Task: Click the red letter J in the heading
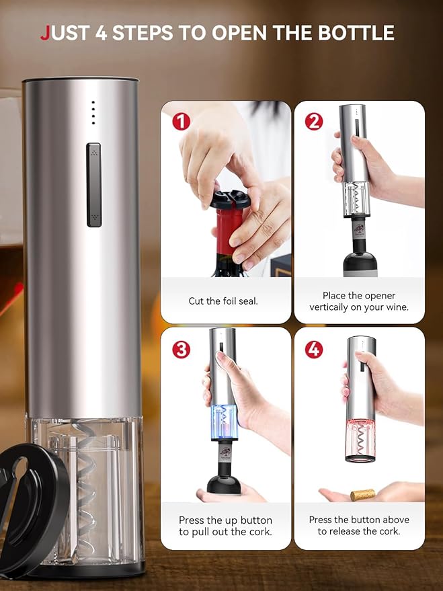coord(45,32)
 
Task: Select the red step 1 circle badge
coord(180,122)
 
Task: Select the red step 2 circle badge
coord(313,122)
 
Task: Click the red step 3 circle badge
coord(180,350)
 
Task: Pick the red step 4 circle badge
coord(313,350)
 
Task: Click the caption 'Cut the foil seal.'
coord(223,301)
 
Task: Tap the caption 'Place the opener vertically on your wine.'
coord(358,301)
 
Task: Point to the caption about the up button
coord(225,526)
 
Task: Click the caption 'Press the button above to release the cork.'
coord(358,526)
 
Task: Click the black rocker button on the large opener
coord(94,185)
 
